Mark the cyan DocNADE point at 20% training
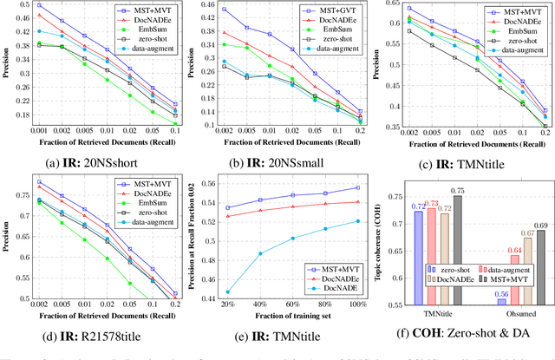(x=228, y=292)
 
